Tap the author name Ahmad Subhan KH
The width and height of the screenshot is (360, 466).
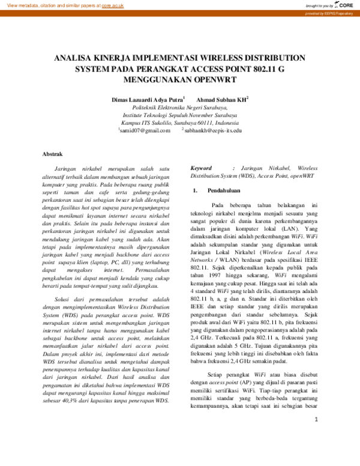(x=221, y=99)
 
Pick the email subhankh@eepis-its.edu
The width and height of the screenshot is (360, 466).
(x=213, y=130)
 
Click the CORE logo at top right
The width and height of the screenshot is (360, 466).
(x=343, y=5)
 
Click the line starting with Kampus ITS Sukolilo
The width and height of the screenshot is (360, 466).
(x=179, y=122)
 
